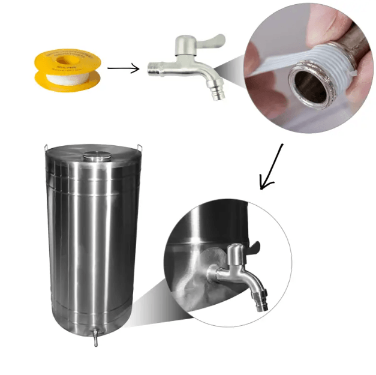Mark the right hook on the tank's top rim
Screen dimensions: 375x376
[139, 148]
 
